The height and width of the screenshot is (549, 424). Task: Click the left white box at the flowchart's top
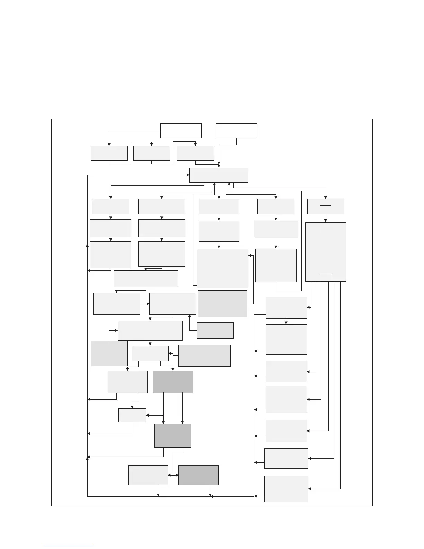[181, 131]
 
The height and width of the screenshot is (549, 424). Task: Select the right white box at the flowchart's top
[236, 131]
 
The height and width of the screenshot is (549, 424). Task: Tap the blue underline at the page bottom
[69, 546]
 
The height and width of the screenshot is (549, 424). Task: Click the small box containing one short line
[326, 206]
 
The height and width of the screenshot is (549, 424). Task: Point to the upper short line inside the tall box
[326, 229]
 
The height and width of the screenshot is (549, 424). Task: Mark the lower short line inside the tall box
[326, 273]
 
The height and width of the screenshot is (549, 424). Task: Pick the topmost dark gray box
[173, 382]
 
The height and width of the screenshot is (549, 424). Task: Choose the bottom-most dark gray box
[198, 475]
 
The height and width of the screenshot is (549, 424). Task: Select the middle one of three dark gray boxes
[173, 436]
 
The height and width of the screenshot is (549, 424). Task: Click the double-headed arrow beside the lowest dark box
[173, 475]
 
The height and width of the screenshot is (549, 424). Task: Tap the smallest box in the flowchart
[132, 415]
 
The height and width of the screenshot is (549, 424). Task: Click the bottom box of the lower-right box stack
[286, 489]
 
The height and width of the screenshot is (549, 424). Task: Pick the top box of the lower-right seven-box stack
[286, 307]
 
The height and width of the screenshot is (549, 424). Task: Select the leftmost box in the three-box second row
[109, 153]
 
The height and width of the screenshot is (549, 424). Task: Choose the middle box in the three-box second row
[152, 153]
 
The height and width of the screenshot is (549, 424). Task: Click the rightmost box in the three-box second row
[195, 153]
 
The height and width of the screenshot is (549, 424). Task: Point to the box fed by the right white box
[219, 175]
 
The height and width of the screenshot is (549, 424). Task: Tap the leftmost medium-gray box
[109, 354]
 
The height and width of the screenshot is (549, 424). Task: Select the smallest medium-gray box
[215, 330]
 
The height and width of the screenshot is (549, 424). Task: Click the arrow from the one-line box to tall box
[326, 218]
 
